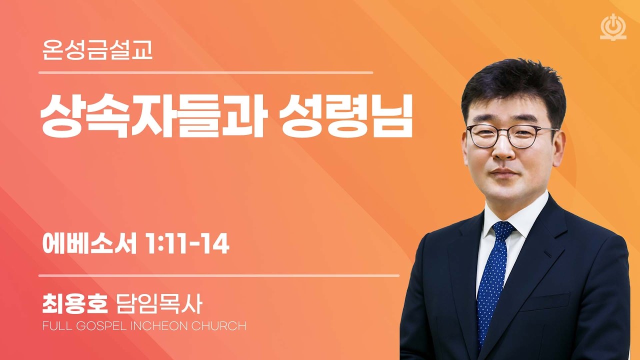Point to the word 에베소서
click(x=89, y=245)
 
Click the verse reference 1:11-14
click(x=186, y=245)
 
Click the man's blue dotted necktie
click(x=491, y=280)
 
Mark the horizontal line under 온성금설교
click(x=205, y=73)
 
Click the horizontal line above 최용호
click(x=218, y=275)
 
